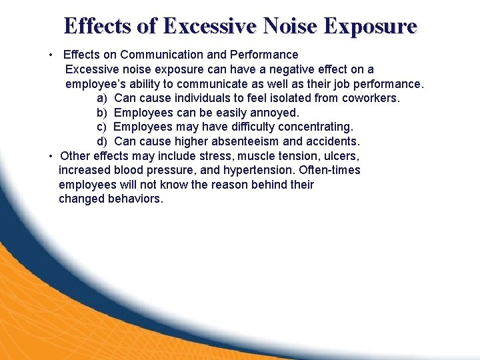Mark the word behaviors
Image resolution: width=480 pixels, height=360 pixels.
pos(135,199)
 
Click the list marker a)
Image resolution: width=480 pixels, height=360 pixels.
pos(102,98)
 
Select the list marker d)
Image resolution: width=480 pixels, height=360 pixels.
pos(102,141)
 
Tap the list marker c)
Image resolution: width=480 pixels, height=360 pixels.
pos(102,127)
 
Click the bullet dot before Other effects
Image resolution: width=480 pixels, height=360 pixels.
pos(51,156)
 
